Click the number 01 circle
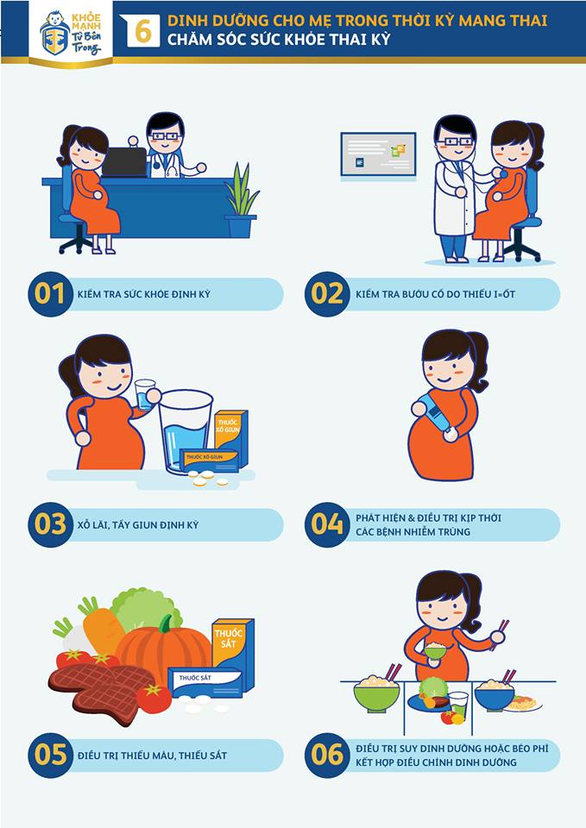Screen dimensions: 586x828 click(x=50, y=294)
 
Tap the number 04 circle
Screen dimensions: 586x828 click(x=327, y=524)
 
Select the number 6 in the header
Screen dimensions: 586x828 click(x=143, y=31)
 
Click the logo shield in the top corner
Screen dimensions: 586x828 click(x=55, y=34)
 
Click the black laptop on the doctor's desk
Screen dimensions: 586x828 click(x=124, y=161)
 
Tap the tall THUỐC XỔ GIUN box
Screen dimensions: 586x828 click(x=231, y=436)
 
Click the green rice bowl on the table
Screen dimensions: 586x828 click(x=376, y=693)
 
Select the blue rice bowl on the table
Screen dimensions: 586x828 click(x=494, y=694)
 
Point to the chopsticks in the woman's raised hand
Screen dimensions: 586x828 click(x=499, y=634)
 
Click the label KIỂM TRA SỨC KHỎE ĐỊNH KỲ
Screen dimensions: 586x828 click(x=144, y=294)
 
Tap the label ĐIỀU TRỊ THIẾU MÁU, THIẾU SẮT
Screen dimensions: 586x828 click(x=152, y=756)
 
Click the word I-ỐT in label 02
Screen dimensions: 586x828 click(x=505, y=293)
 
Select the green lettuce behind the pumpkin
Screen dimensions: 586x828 click(x=144, y=609)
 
